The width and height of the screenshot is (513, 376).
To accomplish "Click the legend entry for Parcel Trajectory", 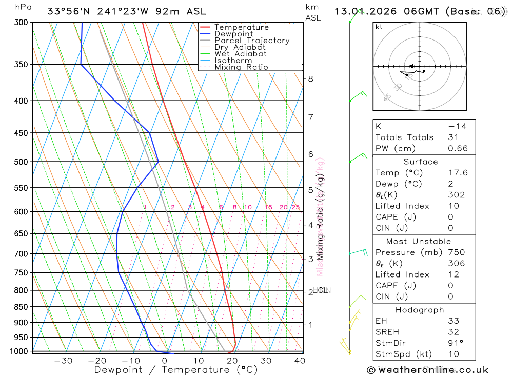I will click(252, 41).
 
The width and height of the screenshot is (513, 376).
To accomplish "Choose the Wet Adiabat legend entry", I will click(240, 54).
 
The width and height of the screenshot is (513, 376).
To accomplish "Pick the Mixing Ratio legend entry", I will click(241, 67).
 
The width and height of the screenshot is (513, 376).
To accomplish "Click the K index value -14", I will click(457, 126).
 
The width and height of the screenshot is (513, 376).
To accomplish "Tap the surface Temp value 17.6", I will click(458, 173).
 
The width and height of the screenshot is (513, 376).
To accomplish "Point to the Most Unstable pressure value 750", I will click(456, 252).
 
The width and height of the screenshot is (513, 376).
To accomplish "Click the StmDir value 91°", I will click(455, 343).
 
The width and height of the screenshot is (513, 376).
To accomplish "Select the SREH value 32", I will click(453, 332).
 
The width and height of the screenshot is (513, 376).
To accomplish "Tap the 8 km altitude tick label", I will click(310, 78).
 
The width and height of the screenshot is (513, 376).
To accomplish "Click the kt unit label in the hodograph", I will click(379, 27).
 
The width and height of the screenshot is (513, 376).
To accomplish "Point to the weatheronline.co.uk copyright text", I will click(428, 369).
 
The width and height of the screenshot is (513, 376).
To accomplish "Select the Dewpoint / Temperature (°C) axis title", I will click(175, 369).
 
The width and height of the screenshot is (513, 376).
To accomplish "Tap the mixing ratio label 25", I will click(295, 207).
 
